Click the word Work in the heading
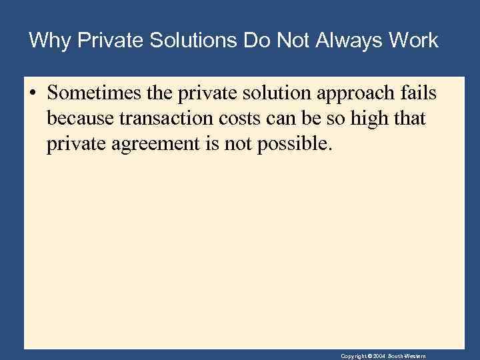point(413,41)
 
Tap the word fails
point(419,94)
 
